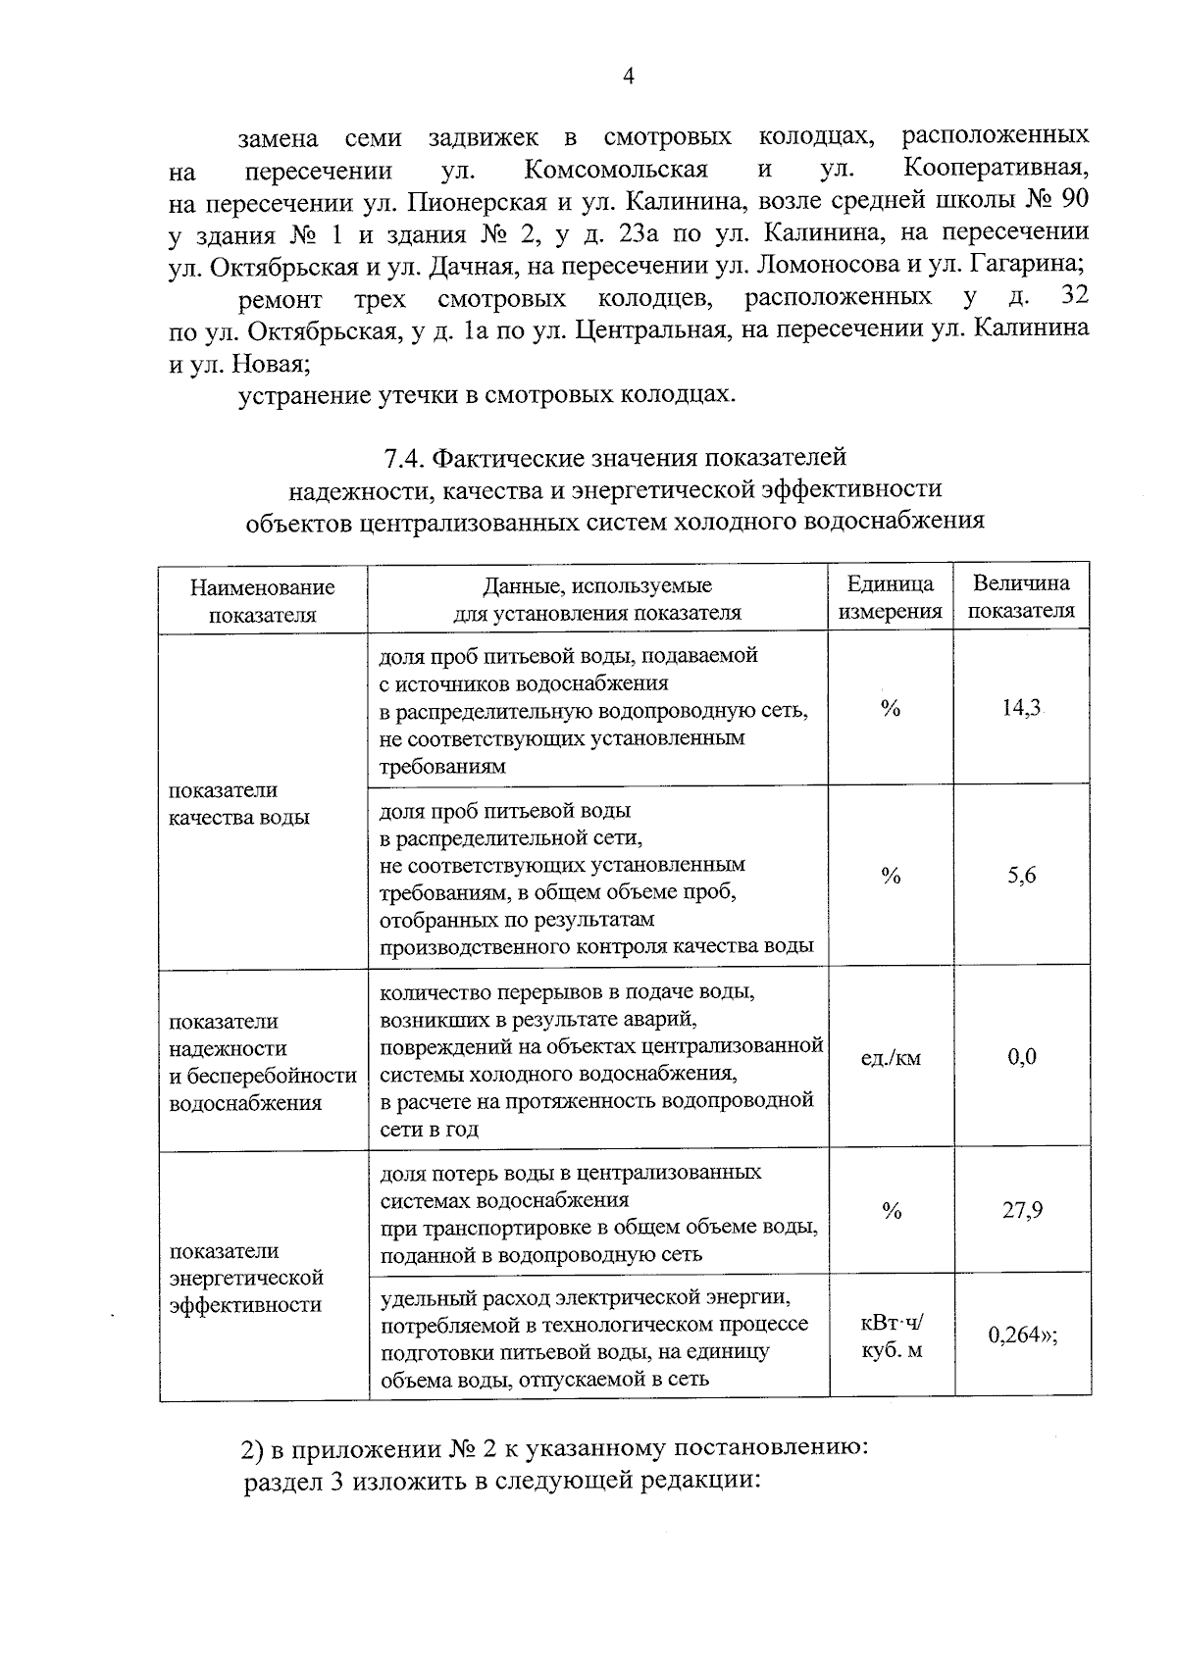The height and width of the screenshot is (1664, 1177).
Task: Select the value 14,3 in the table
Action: point(1021,708)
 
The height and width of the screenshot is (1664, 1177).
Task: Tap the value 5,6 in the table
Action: point(1021,876)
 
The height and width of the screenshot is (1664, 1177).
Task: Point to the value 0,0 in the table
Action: point(1021,1057)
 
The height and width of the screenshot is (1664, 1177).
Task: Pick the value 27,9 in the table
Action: point(1021,1210)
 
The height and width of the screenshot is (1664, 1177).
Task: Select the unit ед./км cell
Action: point(891,1058)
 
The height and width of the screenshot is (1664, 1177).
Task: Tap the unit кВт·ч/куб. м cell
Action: point(891,1336)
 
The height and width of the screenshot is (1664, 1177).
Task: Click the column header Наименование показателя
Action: point(262,600)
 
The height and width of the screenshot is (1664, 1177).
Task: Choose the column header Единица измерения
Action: point(891,597)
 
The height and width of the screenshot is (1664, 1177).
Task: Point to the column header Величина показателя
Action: point(1021,596)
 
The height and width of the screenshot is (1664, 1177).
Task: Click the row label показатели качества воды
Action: point(238,803)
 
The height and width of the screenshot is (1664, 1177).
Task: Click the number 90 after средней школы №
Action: point(1074,201)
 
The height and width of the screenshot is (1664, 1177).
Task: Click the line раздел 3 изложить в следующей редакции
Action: point(502,1481)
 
